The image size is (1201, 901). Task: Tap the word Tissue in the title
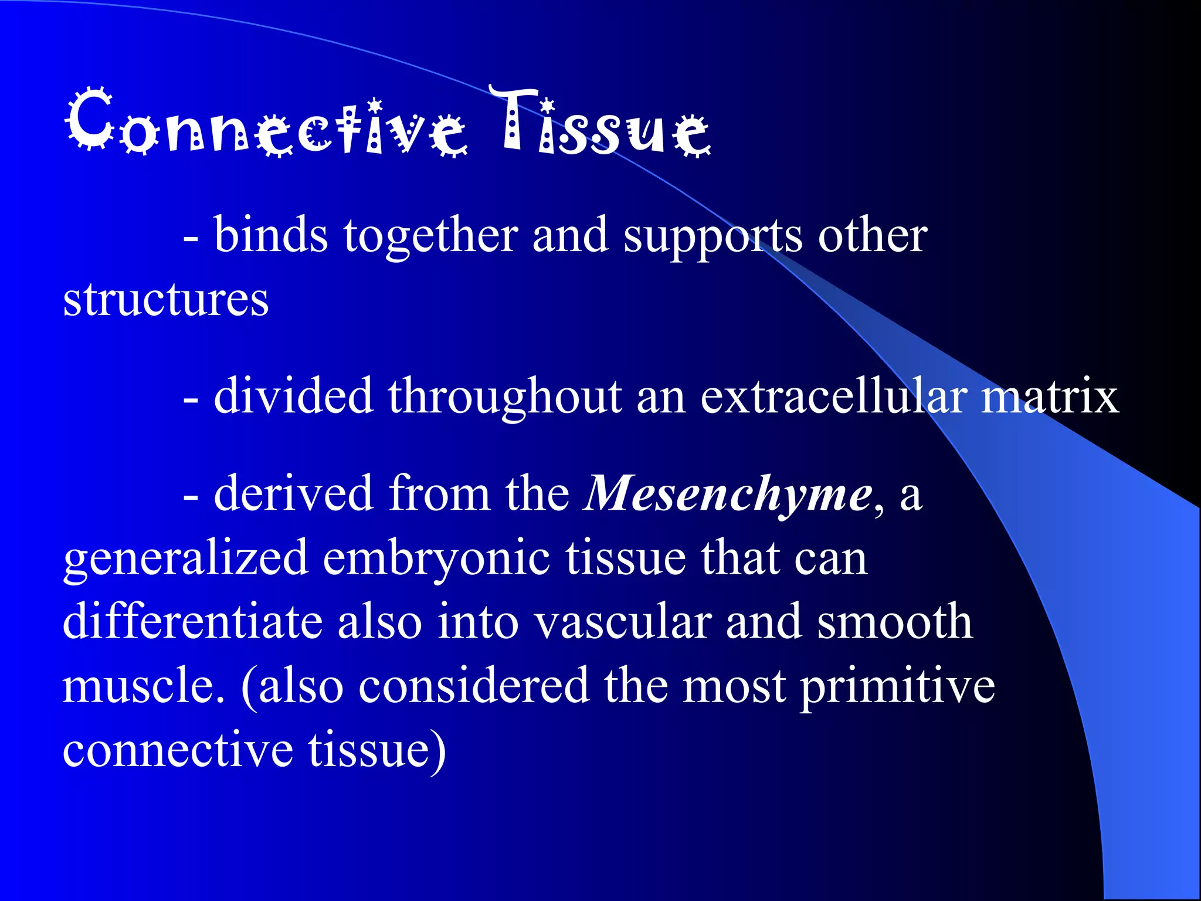click(x=604, y=123)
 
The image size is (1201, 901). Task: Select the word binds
click(x=270, y=236)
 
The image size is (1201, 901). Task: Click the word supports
click(x=713, y=236)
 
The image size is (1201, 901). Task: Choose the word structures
click(x=165, y=299)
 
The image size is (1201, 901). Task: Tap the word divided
click(x=293, y=397)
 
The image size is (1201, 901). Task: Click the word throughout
click(x=504, y=397)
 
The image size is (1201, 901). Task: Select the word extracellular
click(x=833, y=397)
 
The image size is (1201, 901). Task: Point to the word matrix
click(x=1050, y=397)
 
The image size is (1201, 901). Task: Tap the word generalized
click(x=185, y=558)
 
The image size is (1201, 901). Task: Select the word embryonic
click(x=436, y=558)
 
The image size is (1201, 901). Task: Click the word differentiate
click(x=192, y=622)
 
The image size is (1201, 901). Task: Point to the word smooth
click(x=895, y=622)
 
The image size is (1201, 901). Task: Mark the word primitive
click(x=898, y=686)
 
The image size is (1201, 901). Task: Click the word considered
click(x=474, y=686)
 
